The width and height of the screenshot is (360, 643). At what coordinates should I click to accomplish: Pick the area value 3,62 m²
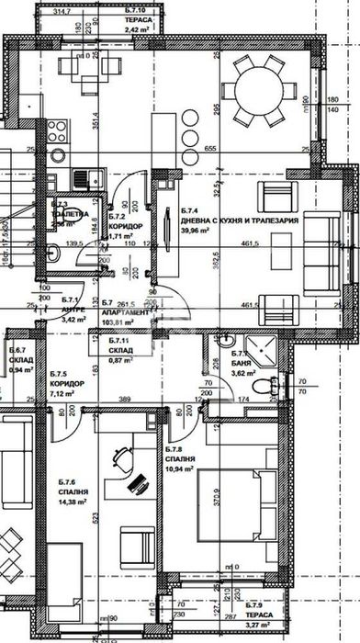[x=242, y=374]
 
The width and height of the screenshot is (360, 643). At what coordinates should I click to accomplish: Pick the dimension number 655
[x=209, y=149]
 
